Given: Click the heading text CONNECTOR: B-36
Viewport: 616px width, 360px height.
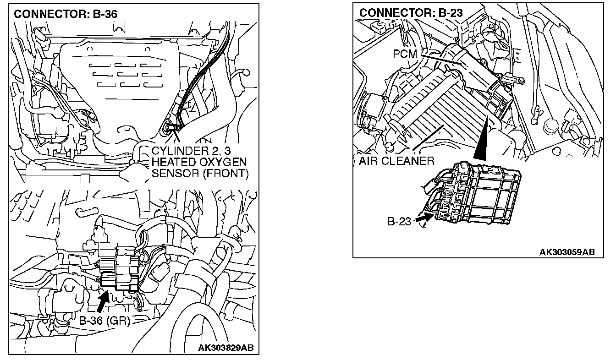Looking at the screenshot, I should point(65,14).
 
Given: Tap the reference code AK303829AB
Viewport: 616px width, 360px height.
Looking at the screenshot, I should point(225,348).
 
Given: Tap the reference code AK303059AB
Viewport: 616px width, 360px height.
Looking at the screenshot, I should point(567,252).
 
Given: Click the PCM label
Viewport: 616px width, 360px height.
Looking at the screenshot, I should point(405,54).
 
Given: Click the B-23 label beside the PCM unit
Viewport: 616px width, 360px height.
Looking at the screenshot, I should point(400,222).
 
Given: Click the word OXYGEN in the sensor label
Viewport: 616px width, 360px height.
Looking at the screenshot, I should point(220,163).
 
